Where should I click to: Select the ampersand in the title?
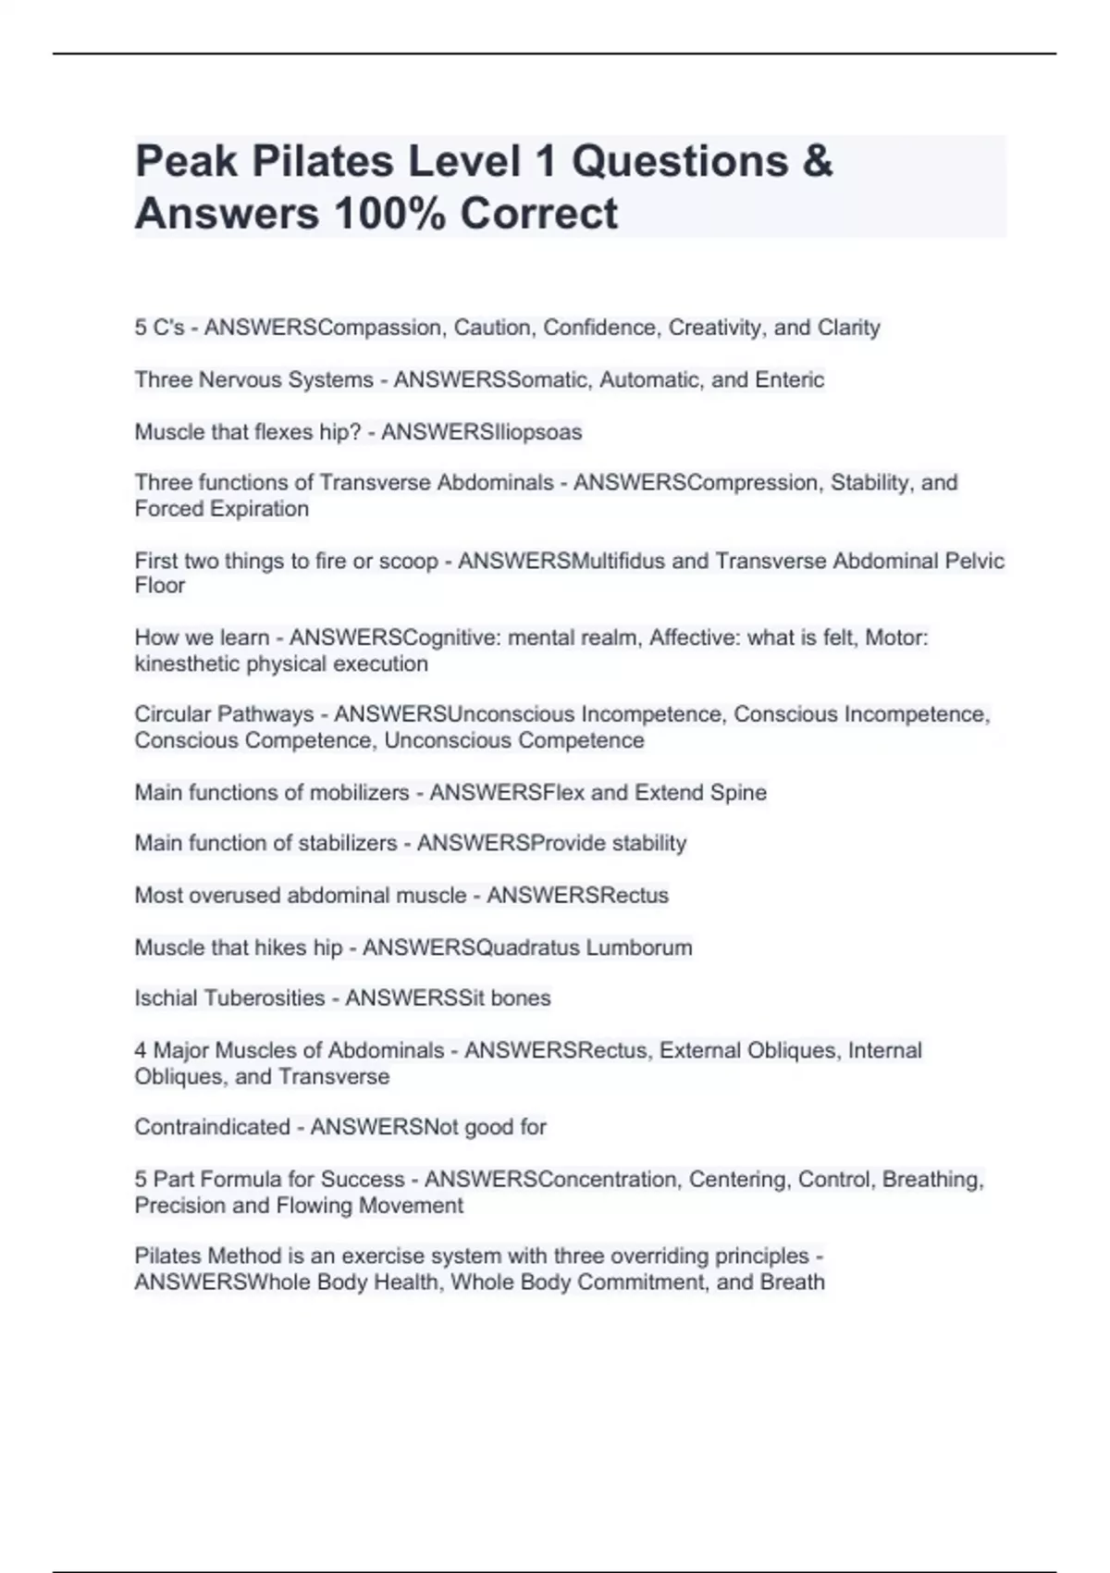818,162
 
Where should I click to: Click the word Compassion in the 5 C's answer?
379,328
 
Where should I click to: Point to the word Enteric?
789,379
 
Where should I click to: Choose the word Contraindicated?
212,1127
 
